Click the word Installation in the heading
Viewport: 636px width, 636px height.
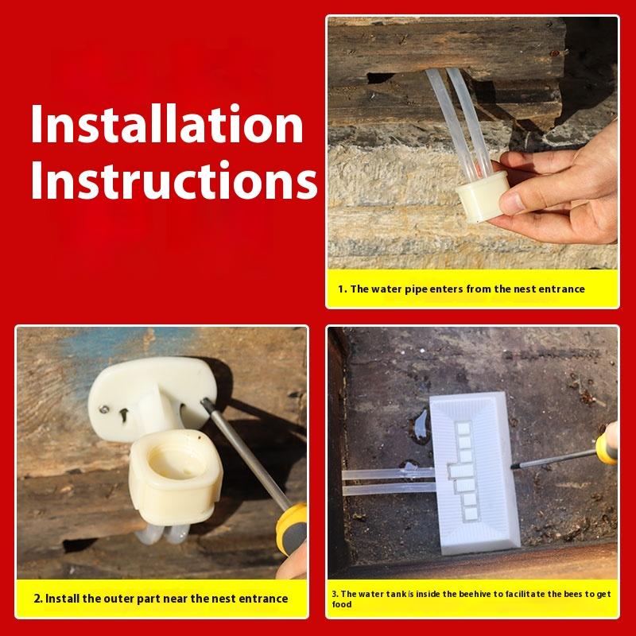coord(167,123)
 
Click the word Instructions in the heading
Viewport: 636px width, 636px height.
coord(174,180)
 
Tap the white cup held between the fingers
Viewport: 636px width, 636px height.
coord(482,196)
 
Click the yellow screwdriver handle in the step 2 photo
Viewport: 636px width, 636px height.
coord(291,528)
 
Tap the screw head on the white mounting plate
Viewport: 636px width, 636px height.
coord(104,409)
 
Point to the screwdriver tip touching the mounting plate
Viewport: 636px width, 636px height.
coord(204,402)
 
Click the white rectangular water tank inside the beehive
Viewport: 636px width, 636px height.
coord(474,472)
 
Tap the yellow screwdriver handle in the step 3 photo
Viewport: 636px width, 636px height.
coord(607,444)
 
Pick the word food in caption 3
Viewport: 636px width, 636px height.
coord(342,604)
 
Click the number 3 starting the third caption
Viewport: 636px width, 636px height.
coord(335,594)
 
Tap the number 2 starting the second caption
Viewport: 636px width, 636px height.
coord(38,599)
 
